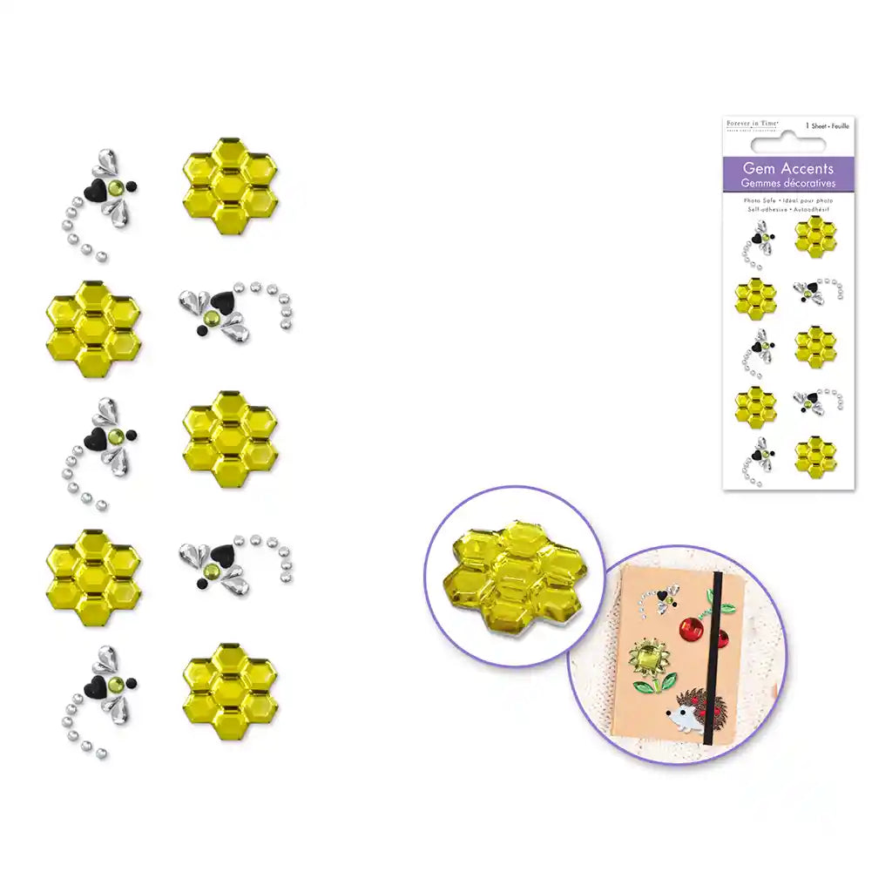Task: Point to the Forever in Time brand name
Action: [753, 125]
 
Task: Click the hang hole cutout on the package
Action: [789, 135]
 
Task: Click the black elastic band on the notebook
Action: [707, 662]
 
